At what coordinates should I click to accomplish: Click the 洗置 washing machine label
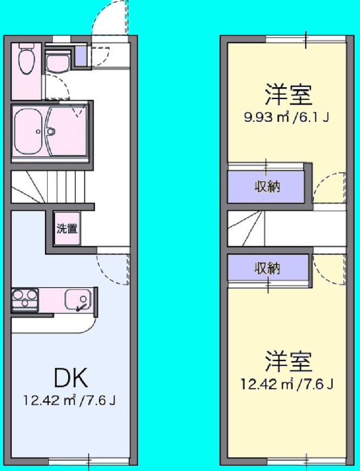pos(67,228)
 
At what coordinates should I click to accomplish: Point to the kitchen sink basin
pos(78,299)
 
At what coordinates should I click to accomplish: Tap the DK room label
pos(71,377)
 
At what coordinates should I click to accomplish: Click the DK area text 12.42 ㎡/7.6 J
pos(69,401)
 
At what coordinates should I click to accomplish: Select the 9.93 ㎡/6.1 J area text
pos(286,117)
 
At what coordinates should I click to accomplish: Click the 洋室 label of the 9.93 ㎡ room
pos(287,95)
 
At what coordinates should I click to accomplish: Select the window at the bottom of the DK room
pos(89,461)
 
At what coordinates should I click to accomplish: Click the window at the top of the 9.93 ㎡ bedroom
pos(305,39)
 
